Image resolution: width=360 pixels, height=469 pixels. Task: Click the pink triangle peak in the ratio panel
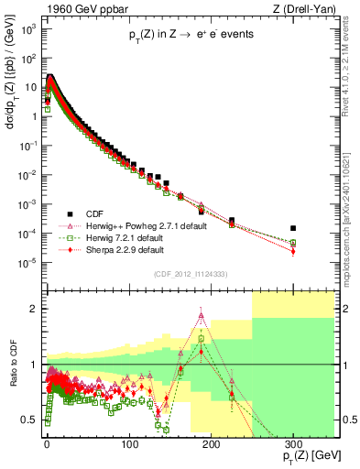tap(201, 316)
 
